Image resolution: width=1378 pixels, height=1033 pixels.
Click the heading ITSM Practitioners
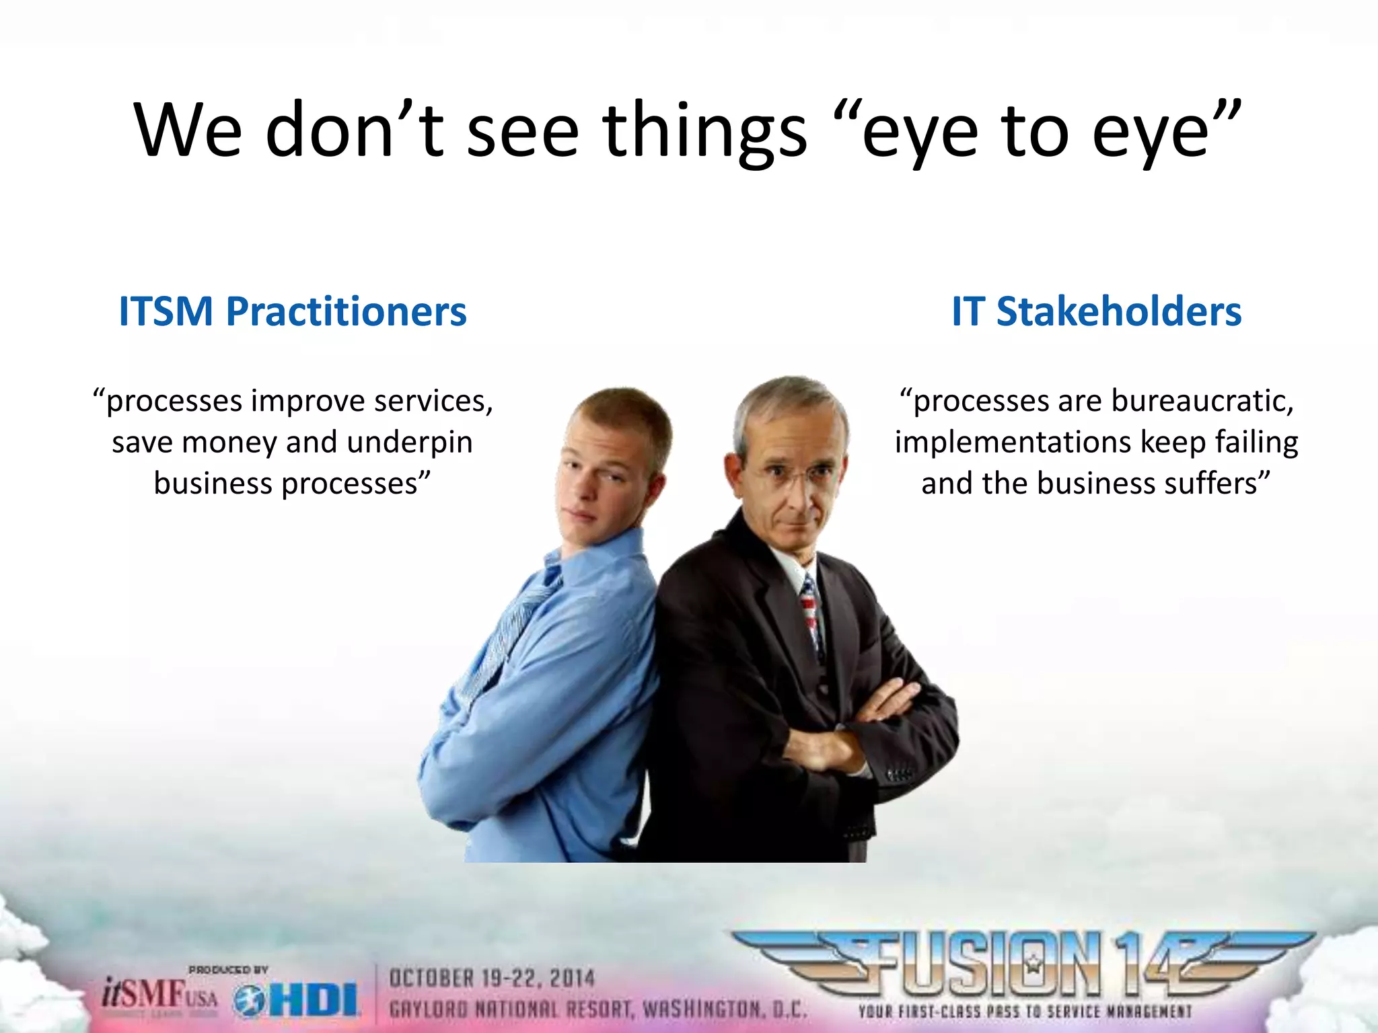click(293, 312)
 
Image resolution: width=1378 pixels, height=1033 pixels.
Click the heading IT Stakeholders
click(1096, 312)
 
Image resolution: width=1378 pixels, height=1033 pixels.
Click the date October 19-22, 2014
click(492, 978)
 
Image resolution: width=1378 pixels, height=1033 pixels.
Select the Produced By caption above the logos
click(228, 970)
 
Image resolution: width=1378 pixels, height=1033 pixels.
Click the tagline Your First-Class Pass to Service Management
click(1024, 1011)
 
